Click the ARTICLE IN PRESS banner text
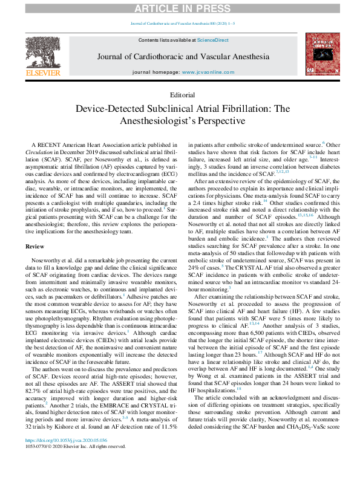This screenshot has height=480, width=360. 180,7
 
